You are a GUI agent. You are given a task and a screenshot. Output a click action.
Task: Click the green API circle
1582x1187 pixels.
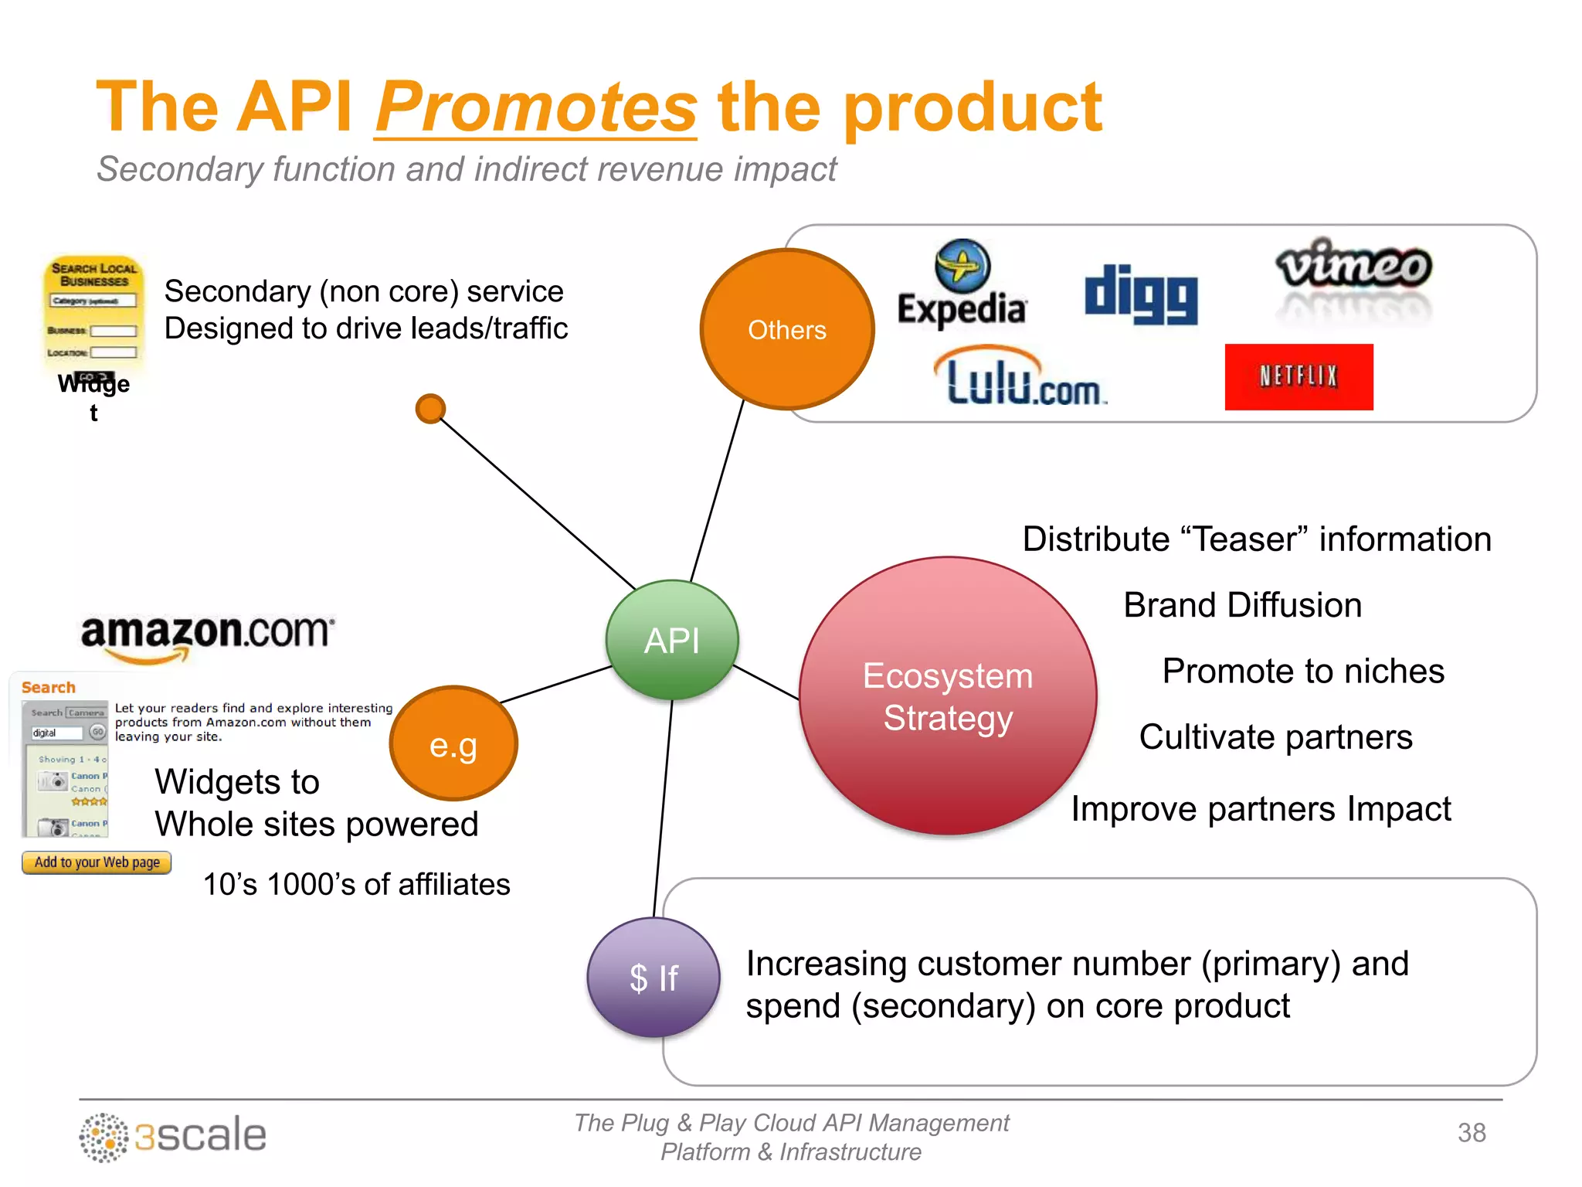coord(672,640)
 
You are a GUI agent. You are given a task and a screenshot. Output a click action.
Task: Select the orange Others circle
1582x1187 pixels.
coord(786,329)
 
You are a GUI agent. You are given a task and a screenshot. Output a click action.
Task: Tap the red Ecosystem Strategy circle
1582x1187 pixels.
coord(947,696)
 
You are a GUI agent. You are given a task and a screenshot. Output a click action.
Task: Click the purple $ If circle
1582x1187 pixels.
coord(654,978)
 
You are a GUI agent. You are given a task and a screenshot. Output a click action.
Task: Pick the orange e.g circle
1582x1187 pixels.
coord(453,744)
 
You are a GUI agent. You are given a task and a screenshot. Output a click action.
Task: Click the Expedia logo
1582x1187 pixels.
coord(962,284)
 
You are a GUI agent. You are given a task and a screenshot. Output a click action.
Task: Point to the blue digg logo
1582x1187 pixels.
coord(1141,294)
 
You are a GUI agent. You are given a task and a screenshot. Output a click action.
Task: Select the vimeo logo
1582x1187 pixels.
coord(1353,267)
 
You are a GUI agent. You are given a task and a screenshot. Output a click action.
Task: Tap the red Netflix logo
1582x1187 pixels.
coord(1299,376)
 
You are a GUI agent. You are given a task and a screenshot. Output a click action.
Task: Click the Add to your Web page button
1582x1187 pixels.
coord(97,862)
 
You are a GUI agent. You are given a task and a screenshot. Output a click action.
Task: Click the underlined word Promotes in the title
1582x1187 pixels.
coord(536,108)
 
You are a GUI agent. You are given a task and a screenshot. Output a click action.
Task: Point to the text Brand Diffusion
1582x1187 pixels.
coord(1242,605)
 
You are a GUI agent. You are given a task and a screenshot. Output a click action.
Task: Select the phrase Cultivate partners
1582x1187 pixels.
coord(1275,737)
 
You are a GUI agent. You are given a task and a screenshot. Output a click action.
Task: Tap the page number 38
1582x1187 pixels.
coord(1471,1133)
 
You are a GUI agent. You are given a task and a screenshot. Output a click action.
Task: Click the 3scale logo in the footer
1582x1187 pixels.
coord(173,1136)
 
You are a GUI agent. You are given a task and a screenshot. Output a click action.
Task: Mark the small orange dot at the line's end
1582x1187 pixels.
coord(430,409)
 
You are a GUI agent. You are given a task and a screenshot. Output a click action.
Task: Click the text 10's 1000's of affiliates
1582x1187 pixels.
coord(356,885)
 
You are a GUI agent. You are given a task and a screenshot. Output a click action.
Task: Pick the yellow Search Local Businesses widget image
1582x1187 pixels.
coord(93,313)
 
